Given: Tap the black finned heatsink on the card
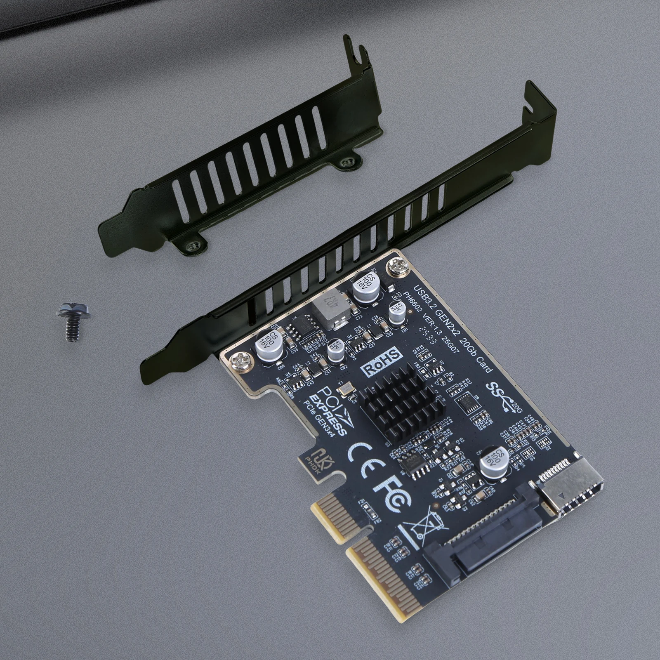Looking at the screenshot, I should pos(391,408).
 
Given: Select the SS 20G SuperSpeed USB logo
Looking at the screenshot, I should pos(501,396).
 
